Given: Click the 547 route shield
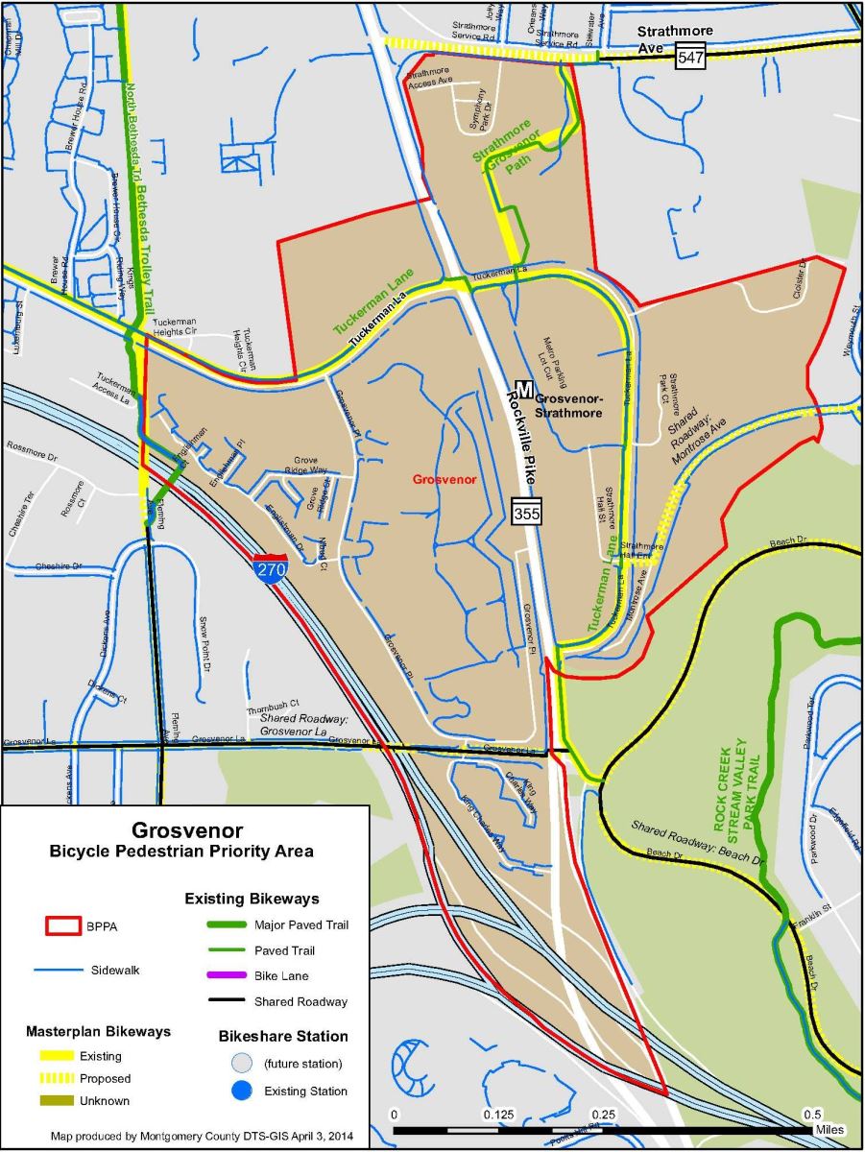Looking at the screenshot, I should [x=691, y=58].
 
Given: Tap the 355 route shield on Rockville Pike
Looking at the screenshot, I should [x=527, y=513].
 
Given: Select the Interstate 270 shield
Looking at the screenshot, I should [x=269, y=568].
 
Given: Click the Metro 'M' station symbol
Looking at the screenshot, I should [x=524, y=388].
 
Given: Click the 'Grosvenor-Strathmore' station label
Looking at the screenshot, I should [x=568, y=407].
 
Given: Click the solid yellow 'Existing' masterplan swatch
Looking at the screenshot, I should [x=60, y=1056].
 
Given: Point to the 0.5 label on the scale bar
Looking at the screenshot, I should [x=811, y=1115].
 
